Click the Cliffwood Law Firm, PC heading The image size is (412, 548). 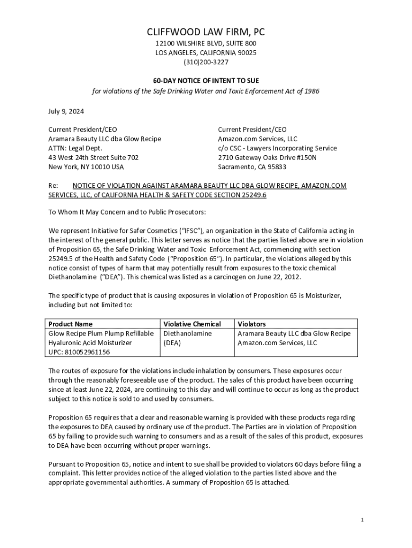pos(205,32)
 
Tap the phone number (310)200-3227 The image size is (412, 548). pos(205,62)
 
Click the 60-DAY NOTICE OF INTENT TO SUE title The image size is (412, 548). pos(205,80)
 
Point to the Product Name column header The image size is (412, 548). pos(70,324)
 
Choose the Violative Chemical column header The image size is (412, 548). pos(192,324)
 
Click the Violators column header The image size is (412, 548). pos(251,324)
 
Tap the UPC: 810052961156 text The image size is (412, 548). pos(79,352)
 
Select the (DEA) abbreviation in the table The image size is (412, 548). pos(172,343)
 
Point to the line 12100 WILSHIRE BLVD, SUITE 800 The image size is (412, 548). pos(205,43)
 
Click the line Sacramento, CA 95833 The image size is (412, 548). pos(251,167)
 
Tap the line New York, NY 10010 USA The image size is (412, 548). pos(86,167)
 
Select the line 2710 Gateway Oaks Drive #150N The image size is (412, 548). pos(267,157)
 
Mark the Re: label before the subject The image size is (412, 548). pos(53,186)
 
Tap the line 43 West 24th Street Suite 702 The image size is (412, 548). pos(93,157)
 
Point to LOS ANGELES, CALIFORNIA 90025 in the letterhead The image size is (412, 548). pos(205,52)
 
